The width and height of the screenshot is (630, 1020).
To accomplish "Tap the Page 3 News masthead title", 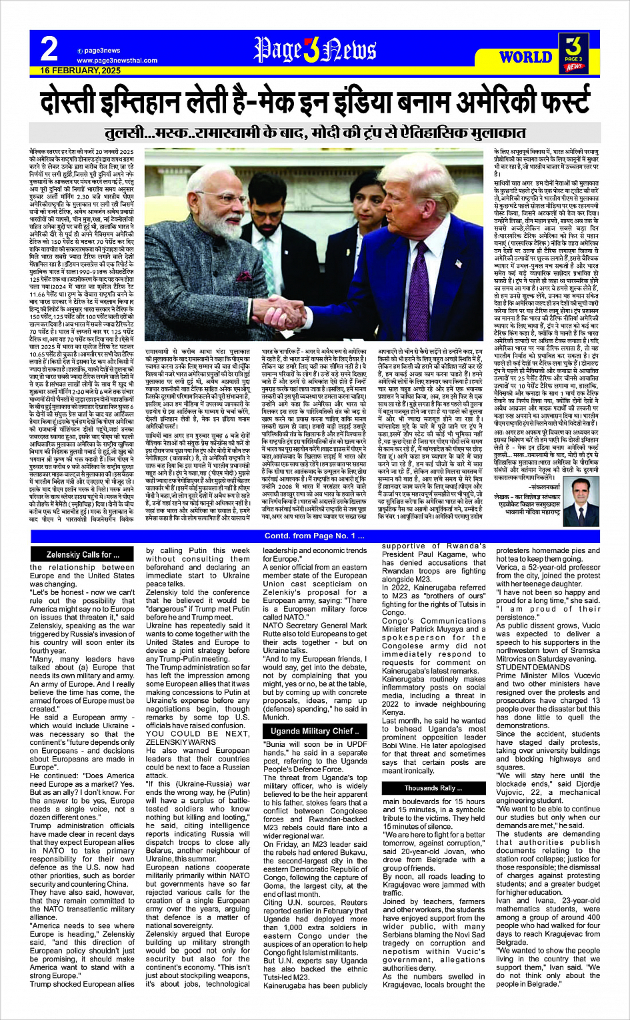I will click(315, 49).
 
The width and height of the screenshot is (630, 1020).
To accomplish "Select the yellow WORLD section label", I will click(525, 57).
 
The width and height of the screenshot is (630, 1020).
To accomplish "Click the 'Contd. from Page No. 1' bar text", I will click(315, 536).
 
